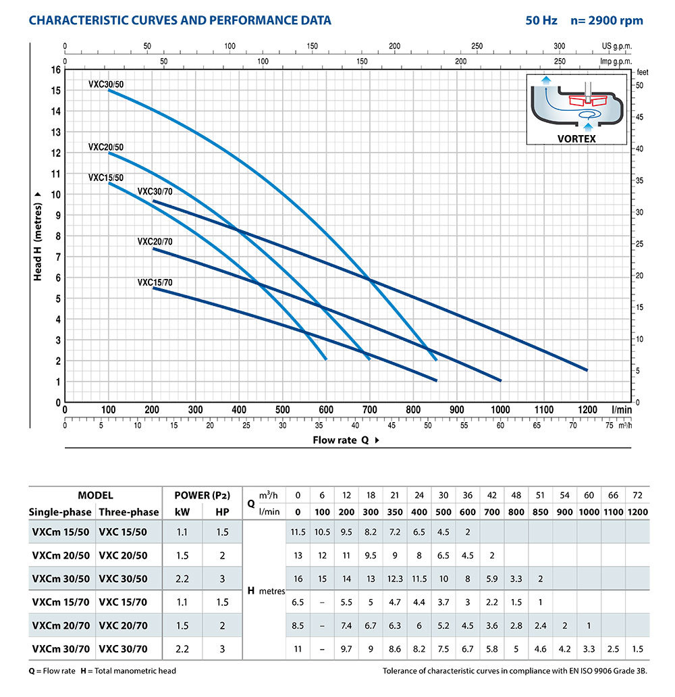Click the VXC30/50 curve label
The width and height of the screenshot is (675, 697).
(x=106, y=84)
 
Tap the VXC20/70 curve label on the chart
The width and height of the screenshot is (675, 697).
(x=155, y=241)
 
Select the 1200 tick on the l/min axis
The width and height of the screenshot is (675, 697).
(x=587, y=410)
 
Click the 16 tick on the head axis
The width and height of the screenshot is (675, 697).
(x=56, y=70)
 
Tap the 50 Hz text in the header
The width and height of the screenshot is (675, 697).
(x=541, y=20)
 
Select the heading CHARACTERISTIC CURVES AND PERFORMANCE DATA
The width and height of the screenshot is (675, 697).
(x=180, y=20)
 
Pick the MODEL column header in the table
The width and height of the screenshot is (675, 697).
(x=95, y=495)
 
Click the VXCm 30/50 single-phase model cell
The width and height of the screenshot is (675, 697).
(x=59, y=579)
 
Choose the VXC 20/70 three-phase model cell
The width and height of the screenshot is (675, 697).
(x=128, y=626)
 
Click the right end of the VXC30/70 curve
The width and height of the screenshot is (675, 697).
(x=587, y=369)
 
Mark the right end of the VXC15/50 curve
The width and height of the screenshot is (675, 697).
(x=326, y=359)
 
